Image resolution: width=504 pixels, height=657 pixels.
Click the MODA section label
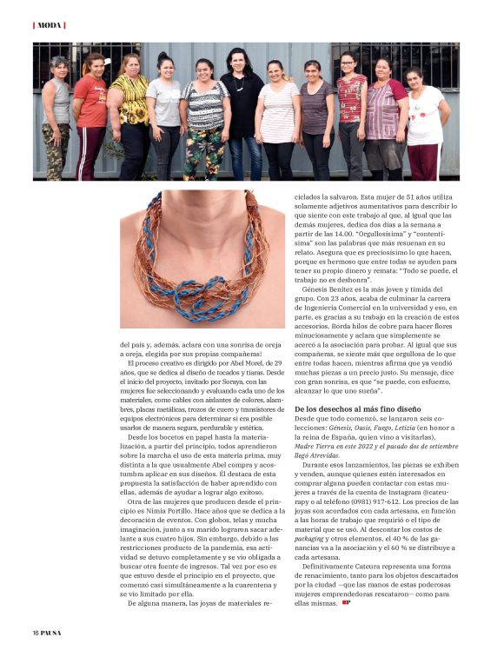tap(50, 25)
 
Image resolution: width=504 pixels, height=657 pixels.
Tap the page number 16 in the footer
tap(36, 632)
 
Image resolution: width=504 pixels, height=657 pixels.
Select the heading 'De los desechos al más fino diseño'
tap(358, 408)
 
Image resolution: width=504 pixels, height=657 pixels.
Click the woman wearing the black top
tap(240, 109)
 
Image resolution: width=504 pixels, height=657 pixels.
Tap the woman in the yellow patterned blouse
tap(129, 113)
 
